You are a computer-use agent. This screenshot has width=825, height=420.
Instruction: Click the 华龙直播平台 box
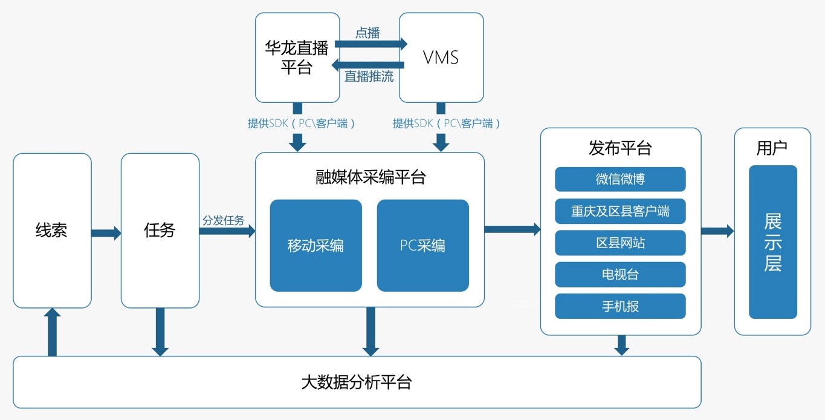coord(297,57)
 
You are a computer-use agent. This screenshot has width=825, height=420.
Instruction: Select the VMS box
coord(441,57)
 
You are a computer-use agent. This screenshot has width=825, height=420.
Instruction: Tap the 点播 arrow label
coord(367,33)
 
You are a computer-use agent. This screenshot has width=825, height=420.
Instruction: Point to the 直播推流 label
coord(369,77)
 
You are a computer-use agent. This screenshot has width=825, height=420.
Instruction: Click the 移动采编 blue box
coord(315,245)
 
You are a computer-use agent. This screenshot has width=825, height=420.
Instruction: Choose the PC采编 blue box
coord(422,245)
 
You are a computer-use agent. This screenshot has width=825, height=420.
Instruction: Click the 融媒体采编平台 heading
coord(370,177)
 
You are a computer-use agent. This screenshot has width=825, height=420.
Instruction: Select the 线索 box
coord(52,231)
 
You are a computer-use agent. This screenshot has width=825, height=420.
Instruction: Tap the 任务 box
coord(160,231)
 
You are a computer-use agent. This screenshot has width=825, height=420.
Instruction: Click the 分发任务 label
coord(224,221)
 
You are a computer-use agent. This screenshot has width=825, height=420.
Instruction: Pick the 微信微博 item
coord(620,179)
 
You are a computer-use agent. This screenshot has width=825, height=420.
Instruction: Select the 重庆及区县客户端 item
coord(620,211)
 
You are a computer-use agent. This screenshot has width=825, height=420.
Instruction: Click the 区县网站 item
coord(620,243)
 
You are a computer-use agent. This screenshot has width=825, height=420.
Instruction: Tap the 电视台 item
coord(620,274)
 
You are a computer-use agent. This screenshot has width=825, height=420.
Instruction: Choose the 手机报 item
coord(620,306)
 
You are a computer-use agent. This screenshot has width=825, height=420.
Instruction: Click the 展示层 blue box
coord(772,242)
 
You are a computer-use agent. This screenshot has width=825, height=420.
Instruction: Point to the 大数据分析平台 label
coord(357,382)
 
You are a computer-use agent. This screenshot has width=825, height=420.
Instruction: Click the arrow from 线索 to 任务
coord(106,233)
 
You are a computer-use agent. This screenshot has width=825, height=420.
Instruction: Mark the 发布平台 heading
coord(620,148)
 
